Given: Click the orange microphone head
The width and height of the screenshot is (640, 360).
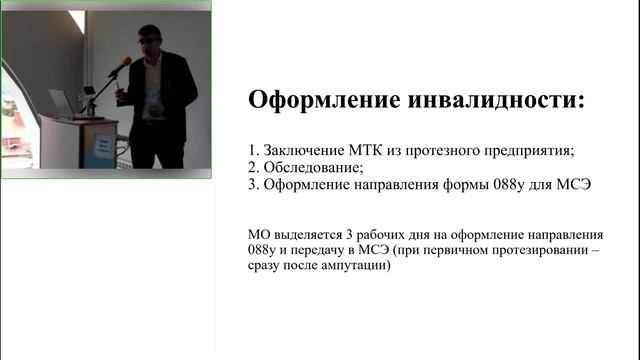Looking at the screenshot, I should (125, 63).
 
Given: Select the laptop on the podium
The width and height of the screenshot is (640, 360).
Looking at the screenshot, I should (63, 104).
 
